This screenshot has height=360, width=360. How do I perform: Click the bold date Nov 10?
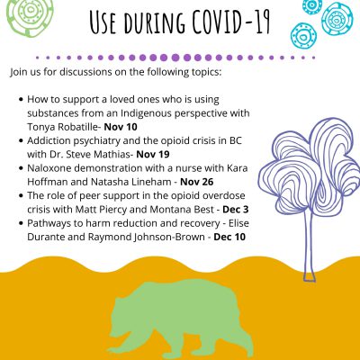[121, 127]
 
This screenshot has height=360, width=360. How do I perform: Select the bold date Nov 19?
[153, 155]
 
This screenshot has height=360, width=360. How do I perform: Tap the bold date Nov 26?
[197, 182]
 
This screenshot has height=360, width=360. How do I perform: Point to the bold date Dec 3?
[236, 210]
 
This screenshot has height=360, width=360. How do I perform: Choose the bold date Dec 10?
[229, 237]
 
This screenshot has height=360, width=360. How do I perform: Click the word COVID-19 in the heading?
[231, 22]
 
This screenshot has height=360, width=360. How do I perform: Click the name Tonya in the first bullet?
[41, 127]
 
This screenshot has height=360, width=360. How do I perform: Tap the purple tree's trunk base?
[310, 276]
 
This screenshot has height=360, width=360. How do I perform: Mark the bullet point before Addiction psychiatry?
[21, 140]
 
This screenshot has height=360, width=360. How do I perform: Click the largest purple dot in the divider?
[175, 58]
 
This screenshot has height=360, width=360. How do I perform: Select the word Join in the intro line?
[18, 73]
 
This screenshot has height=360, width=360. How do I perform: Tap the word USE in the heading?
[103, 22]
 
